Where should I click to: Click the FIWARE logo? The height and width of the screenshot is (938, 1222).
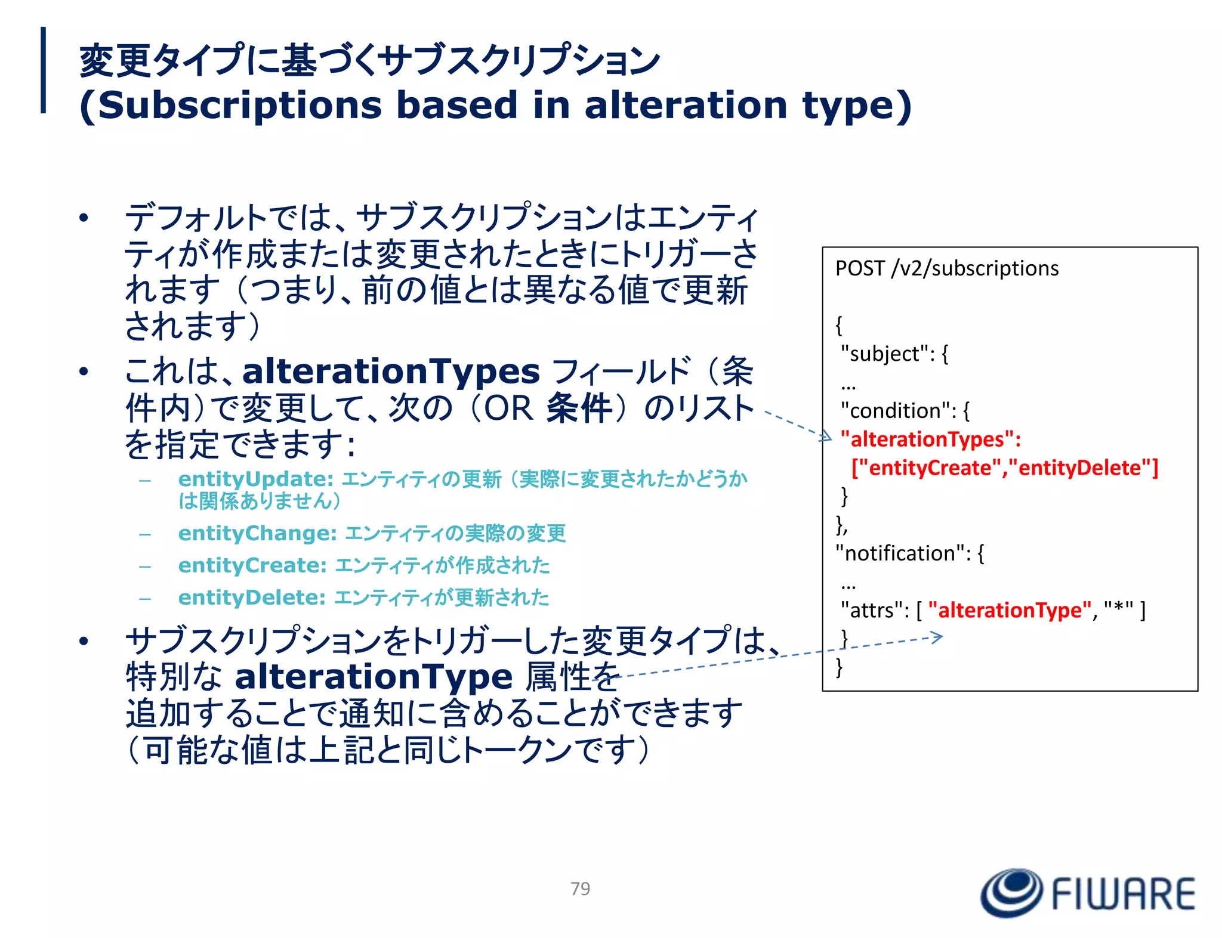point(1088,893)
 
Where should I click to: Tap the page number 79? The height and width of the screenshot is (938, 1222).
point(580,889)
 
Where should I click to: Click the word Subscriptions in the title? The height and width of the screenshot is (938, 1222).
point(239,105)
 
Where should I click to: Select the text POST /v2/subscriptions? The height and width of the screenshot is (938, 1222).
point(946,268)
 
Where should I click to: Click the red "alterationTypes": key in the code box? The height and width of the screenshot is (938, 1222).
point(930,439)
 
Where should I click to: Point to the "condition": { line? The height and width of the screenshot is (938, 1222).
point(905,411)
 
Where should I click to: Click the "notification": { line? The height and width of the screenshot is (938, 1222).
point(909,553)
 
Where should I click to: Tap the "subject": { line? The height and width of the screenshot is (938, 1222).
point(894,354)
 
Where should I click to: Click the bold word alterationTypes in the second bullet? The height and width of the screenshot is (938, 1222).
point(391,372)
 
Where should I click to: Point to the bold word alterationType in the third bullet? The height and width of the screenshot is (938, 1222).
point(374,677)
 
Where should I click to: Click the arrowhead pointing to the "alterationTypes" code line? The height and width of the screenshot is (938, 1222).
point(826,437)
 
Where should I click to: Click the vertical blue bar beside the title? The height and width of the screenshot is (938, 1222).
point(43,70)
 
